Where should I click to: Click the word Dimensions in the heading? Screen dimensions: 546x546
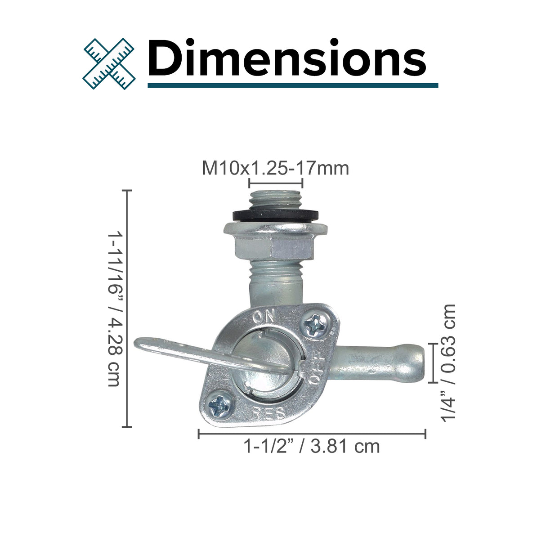(286, 58)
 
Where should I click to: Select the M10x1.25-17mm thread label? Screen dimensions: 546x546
(275, 168)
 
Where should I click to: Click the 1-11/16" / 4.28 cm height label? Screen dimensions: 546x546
(115, 309)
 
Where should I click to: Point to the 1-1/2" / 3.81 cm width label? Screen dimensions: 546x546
(311, 447)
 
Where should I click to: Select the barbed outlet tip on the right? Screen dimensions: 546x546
(412, 363)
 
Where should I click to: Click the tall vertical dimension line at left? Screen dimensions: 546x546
(129, 309)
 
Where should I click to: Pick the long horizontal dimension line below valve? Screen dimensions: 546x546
(311, 434)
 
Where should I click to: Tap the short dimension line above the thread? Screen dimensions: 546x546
(275, 183)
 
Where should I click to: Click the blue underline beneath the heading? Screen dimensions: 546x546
(292, 85)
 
